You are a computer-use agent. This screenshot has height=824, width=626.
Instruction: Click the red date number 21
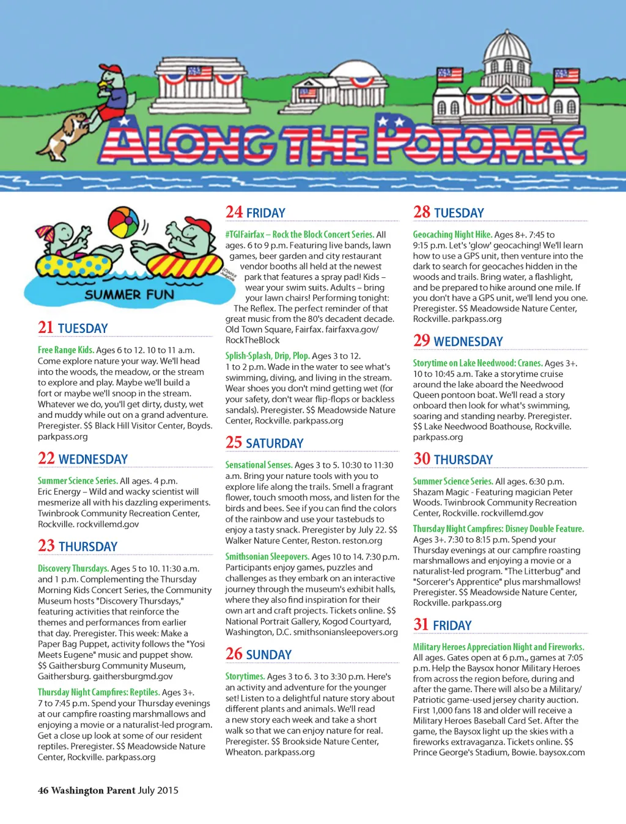[x=46, y=328]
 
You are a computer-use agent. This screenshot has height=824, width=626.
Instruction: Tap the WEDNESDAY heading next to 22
[x=93, y=459]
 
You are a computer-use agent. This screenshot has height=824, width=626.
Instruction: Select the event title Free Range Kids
[x=66, y=350]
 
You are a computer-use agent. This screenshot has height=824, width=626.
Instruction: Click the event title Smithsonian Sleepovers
[x=267, y=556]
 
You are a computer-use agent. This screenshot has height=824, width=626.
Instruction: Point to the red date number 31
[x=421, y=624]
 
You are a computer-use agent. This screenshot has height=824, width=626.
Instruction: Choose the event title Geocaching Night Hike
[x=452, y=235]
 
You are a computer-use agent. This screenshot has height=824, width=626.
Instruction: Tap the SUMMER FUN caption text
[x=129, y=294]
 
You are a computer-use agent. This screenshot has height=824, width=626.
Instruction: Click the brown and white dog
[x=64, y=136]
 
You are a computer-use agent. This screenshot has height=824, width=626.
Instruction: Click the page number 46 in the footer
[x=43, y=790]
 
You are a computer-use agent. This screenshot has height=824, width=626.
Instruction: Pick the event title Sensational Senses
[x=259, y=465]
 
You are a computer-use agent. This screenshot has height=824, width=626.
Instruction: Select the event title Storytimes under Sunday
[x=245, y=676]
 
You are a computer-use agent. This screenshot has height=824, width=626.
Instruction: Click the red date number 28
[x=422, y=213]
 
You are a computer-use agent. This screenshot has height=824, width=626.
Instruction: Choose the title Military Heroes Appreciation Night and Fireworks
[x=498, y=647]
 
